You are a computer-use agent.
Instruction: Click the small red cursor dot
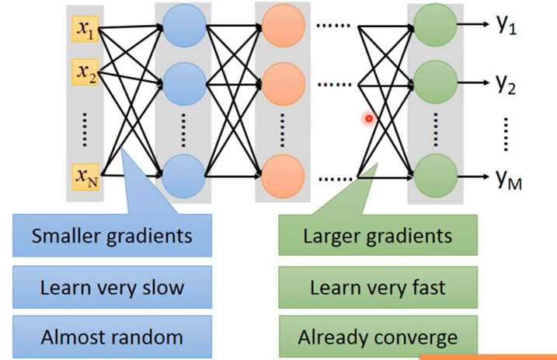tap(370, 118)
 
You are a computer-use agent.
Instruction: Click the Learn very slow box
tap(112, 288)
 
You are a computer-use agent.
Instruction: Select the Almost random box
tap(112, 336)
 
